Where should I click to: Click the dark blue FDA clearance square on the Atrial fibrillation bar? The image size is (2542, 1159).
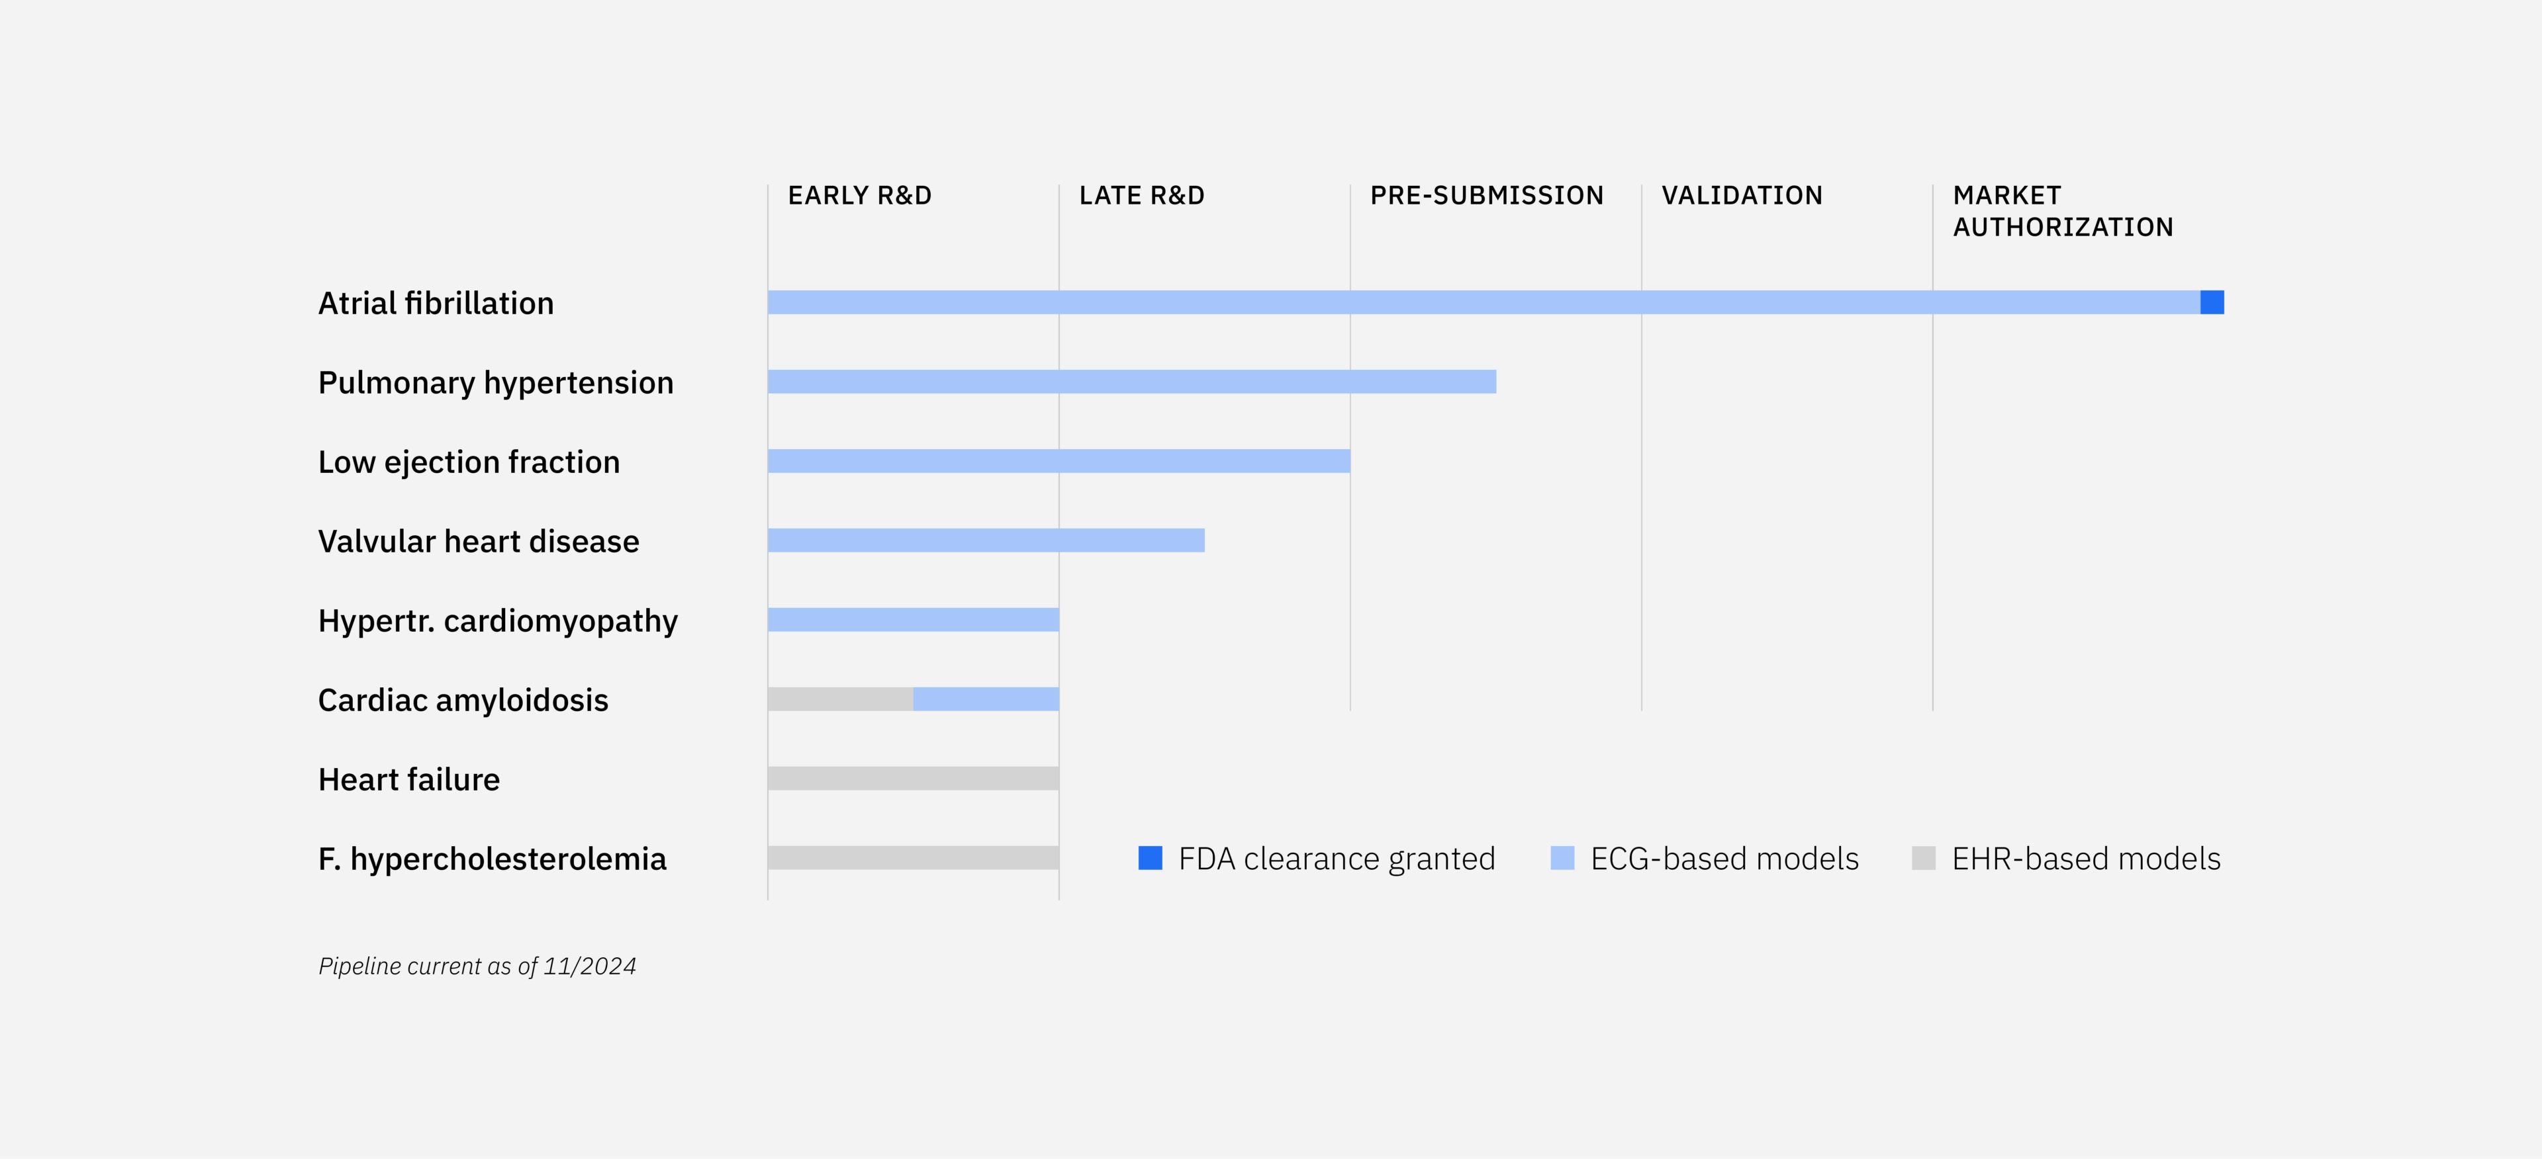click(2212, 303)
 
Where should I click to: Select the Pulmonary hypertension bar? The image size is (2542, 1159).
click(1132, 382)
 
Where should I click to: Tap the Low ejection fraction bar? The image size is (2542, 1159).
click(1059, 460)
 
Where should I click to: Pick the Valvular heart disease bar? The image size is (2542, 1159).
click(986, 540)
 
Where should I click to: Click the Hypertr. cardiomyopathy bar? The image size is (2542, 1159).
click(913, 619)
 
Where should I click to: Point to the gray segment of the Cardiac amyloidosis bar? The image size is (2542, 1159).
click(841, 699)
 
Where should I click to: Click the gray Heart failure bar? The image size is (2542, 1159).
click(913, 778)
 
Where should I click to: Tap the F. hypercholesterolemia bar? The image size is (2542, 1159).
click(913, 858)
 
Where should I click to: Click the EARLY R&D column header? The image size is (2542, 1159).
click(859, 195)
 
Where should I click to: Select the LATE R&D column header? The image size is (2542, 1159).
click(1142, 195)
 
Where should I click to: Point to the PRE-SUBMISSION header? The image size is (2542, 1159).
click(1487, 195)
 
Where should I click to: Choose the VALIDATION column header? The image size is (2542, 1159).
click(1742, 195)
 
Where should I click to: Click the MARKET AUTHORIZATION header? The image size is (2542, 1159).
click(2063, 211)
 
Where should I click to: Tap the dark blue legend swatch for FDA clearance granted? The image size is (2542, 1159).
click(1151, 858)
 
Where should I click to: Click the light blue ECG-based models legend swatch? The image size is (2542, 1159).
click(1562, 858)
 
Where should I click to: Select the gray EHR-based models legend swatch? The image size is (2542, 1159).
click(1923, 858)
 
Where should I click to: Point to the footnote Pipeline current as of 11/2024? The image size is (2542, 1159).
click(477, 966)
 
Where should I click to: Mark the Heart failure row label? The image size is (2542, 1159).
click(408, 779)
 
